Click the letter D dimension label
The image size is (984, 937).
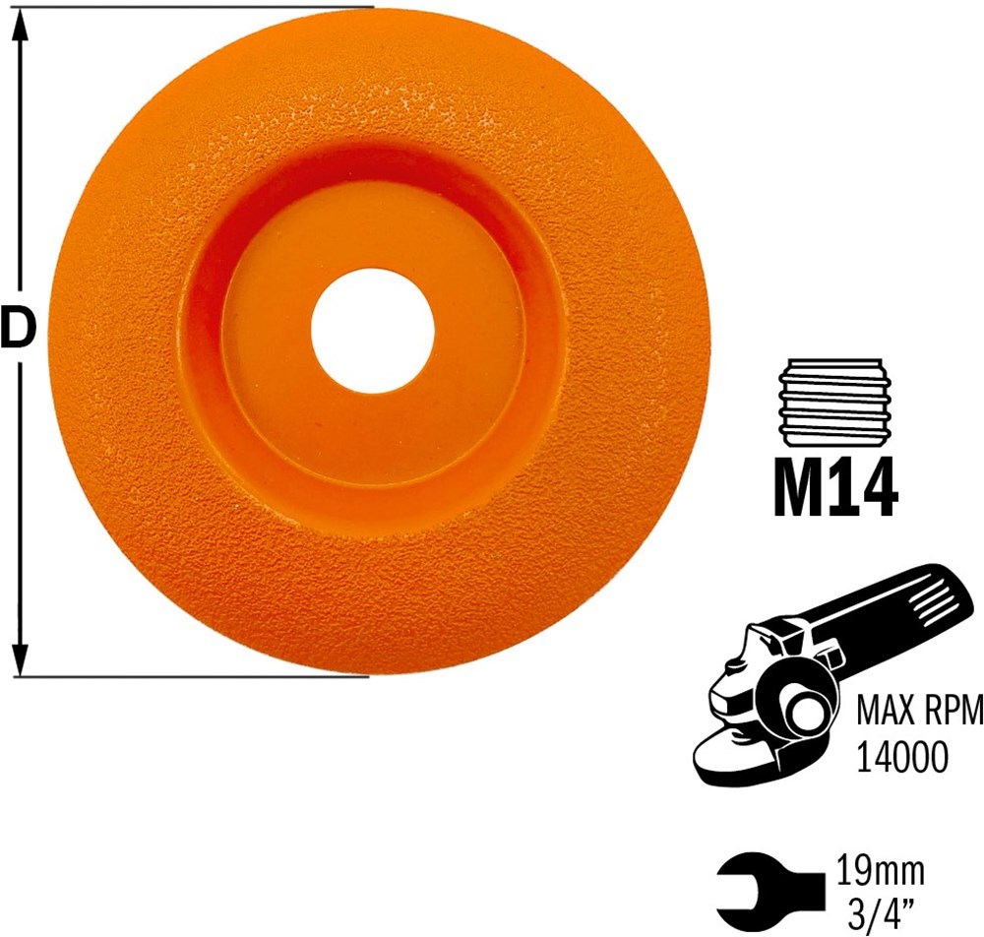click(18, 328)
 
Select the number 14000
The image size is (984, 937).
click(901, 758)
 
